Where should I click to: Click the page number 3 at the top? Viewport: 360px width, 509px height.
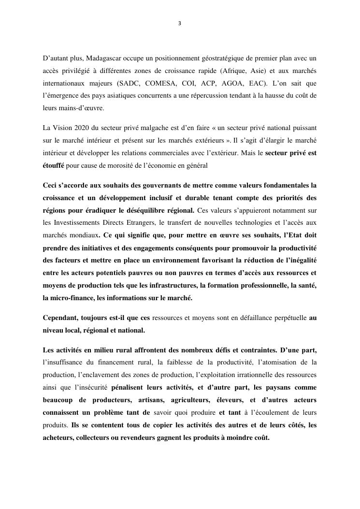pyautogui.click(x=180, y=23)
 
